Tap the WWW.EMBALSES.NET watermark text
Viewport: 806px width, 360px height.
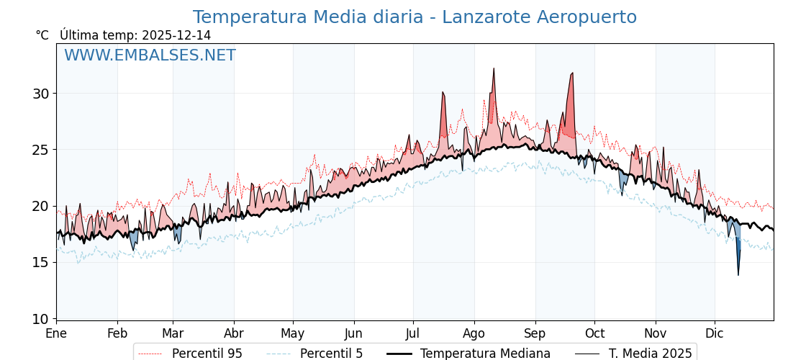[150, 55]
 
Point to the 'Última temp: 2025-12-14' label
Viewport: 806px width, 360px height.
[135, 35]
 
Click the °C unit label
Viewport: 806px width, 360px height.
[42, 35]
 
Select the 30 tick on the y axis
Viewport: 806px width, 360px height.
[40, 94]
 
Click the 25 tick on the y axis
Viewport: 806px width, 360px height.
[40, 150]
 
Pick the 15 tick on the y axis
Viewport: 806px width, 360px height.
[40, 262]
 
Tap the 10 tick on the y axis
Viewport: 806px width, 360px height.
[40, 319]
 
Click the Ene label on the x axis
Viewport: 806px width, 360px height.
[56, 334]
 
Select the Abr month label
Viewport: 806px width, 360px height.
[234, 334]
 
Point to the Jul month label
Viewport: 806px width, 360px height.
[413, 334]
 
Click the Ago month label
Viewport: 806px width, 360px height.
[474, 334]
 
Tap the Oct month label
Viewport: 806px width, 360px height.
[594, 334]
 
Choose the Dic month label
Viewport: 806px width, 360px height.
[715, 334]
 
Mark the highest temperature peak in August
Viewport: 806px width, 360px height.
[494, 68]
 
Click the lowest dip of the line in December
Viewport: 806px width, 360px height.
[738, 274]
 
